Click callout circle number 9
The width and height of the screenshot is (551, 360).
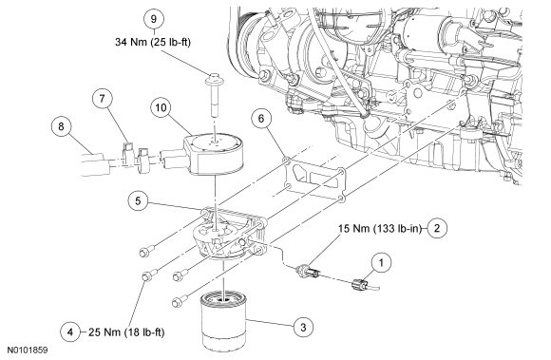coord(154,19)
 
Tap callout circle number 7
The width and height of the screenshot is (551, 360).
coord(103,99)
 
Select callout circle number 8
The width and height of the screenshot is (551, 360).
coord(61,126)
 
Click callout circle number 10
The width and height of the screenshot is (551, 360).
coord(161,107)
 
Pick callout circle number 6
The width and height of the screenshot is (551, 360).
coord(261,119)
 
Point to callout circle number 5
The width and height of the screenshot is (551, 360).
coord(138,201)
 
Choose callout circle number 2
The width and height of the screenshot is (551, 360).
coord(437,229)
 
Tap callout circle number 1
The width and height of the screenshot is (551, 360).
coord(381,262)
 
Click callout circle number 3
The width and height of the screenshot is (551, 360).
coord(303,328)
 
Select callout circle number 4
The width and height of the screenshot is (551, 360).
coord(70,332)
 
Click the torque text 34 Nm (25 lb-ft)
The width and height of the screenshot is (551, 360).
coord(153,42)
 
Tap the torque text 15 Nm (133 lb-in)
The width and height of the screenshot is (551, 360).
coord(379,229)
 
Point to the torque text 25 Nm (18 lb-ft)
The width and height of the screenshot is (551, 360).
coord(126,332)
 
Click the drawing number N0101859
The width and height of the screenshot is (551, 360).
coord(28,351)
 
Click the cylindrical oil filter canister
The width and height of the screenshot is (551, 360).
coord(224,321)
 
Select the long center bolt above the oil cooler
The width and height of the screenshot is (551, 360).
coord(213,95)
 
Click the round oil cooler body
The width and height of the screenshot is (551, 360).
coord(214,154)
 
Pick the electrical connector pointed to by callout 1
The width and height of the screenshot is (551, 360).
coord(361,283)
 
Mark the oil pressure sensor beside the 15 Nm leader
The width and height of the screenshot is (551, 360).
coord(308,272)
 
